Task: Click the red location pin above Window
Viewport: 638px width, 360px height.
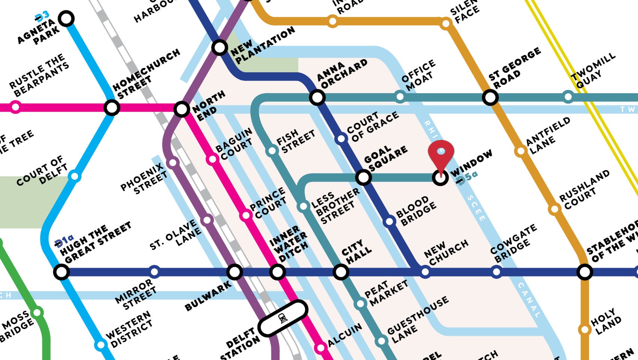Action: tap(441, 152)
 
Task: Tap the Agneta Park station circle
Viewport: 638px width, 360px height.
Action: tap(67, 18)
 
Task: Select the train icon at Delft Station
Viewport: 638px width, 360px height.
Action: tap(283, 319)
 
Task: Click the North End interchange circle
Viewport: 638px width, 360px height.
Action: tap(181, 109)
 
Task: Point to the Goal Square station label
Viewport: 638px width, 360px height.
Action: tap(385, 158)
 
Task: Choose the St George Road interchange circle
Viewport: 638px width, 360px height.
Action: tap(490, 97)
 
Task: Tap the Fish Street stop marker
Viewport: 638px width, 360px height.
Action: tap(272, 151)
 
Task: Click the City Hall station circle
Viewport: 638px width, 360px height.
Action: tap(341, 272)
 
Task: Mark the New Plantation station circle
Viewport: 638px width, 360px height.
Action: tap(220, 48)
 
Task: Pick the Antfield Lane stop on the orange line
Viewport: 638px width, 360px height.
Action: tap(520, 151)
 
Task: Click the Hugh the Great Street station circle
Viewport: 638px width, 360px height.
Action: tap(61, 272)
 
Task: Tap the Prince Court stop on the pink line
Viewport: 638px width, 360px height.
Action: tap(246, 215)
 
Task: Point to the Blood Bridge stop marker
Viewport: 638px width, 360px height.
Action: tap(390, 221)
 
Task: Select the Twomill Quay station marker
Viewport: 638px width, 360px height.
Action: tap(568, 97)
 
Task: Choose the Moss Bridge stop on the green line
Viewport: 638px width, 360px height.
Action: tap(37, 312)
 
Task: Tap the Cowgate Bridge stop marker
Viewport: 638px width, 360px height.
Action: tap(496, 272)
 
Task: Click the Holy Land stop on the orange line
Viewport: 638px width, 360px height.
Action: tap(584, 330)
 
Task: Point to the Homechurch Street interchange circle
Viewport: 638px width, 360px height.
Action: tap(112, 108)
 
